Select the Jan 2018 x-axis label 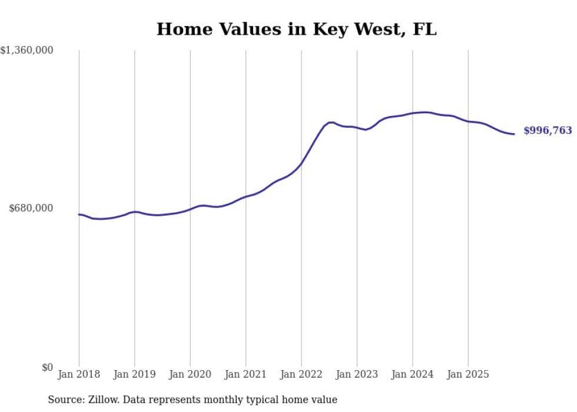pyautogui.click(x=79, y=374)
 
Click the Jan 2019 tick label pyautogui.click(x=134, y=374)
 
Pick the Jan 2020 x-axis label pyautogui.click(x=190, y=374)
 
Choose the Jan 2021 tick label pyautogui.click(x=246, y=374)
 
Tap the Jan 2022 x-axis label pyautogui.click(x=301, y=374)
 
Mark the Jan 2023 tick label pyautogui.click(x=357, y=374)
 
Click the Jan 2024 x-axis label pyautogui.click(x=413, y=374)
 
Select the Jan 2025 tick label pyautogui.click(x=468, y=374)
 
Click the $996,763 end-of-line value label pyautogui.click(x=548, y=131)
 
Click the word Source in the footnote pyautogui.click(x=64, y=400)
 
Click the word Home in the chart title pyautogui.click(x=180, y=29)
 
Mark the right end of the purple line pyautogui.click(x=514, y=134)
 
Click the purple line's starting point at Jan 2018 pyautogui.click(x=79, y=215)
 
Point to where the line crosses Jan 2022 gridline pyautogui.click(x=301, y=163)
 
